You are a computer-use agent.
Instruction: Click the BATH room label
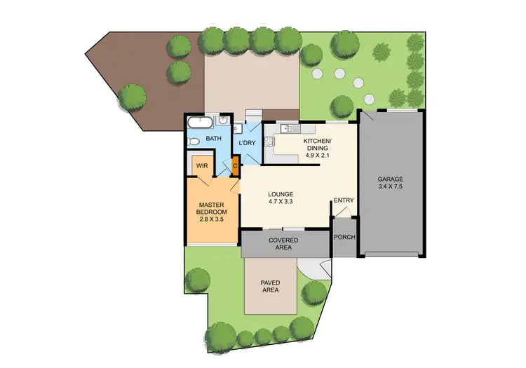pyautogui.click(x=214, y=139)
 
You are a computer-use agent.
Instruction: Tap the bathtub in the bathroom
pyautogui.click(x=200, y=122)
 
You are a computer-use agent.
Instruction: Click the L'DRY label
pyautogui.click(x=247, y=143)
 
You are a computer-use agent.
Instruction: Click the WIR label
pyautogui.click(x=203, y=166)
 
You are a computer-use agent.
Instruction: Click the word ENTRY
pyautogui.click(x=344, y=200)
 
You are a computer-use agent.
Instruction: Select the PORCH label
pyautogui.click(x=344, y=237)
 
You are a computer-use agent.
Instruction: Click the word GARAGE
pyautogui.click(x=391, y=179)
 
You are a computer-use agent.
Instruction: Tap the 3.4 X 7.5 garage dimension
pyautogui.click(x=391, y=187)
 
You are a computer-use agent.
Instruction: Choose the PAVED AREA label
pyautogui.click(x=271, y=286)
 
